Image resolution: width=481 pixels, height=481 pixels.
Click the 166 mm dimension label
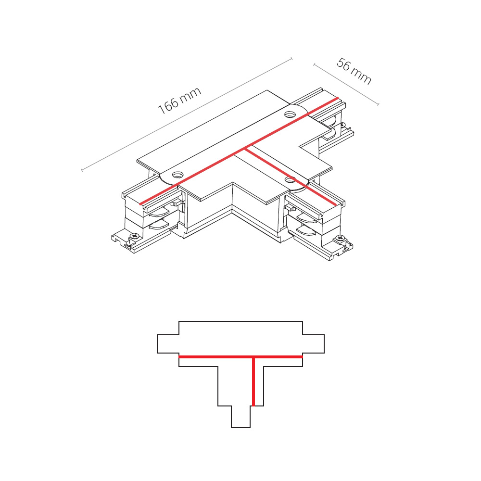point(179,101)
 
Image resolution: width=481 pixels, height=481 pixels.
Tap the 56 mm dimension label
point(354,71)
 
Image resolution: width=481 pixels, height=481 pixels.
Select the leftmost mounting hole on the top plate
point(177,175)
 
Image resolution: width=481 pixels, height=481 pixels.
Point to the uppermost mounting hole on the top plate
point(290,115)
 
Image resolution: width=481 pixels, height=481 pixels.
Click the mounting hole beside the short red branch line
point(290,179)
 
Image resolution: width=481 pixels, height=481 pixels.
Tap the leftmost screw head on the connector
point(134,236)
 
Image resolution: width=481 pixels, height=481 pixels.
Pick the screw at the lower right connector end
point(339,238)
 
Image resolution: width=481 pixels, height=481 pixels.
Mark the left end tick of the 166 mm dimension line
point(82,170)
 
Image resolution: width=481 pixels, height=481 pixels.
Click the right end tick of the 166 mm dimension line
point(291,58)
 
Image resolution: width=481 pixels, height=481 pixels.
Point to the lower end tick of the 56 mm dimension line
point(378,104)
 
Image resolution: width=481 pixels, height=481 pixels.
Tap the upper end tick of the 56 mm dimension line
point(314,65)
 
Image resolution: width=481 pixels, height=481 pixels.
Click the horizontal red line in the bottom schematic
point(241,357)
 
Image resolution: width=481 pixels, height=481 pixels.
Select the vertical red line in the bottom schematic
point(253,381)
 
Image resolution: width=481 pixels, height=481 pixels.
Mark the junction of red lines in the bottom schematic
point(253,357)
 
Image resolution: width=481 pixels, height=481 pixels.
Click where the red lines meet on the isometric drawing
point(245,149)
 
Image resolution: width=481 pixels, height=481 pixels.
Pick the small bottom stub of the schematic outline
point(241,417)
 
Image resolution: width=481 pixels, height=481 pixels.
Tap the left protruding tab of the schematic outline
point(168,344)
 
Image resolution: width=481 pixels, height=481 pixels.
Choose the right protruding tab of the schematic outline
point(314,344)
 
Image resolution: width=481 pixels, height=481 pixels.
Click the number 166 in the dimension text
point(168,106)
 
